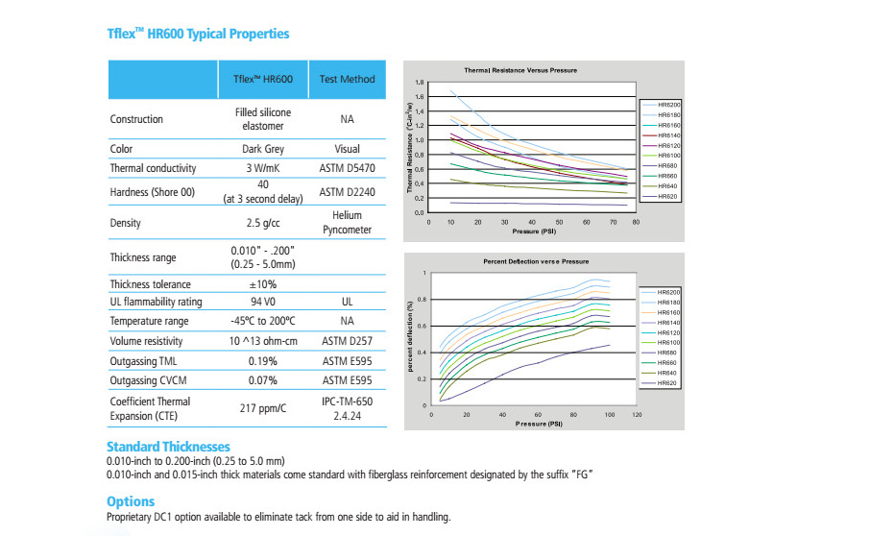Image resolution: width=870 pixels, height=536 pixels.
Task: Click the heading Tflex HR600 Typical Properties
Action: [197, 34]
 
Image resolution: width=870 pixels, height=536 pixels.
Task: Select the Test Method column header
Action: [347, 79]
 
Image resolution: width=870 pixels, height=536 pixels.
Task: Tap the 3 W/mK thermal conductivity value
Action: [263, 168]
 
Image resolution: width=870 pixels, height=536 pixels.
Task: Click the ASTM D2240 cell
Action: [347, 192]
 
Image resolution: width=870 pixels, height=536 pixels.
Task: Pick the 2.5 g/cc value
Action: [263, 223]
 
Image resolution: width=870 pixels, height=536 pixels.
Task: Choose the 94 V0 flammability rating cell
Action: [263, 302]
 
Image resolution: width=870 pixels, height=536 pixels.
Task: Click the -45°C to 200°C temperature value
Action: [263, 321]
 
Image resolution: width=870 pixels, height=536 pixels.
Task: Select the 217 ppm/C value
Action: [263, 408]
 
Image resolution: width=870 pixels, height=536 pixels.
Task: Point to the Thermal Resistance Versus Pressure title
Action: [520, 71]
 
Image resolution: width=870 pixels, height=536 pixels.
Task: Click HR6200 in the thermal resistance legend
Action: [669, 104]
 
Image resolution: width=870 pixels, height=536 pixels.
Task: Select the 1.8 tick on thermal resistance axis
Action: [419, 83]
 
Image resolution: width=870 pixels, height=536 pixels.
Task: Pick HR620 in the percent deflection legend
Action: [666, 382]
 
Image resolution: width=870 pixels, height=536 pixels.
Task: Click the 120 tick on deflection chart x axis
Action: [635, 415]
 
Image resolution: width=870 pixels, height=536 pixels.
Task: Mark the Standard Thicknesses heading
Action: [168, 447]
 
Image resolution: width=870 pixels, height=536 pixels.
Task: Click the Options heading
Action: [130, 501]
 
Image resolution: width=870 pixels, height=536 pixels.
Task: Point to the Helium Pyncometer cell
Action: [347, 223]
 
